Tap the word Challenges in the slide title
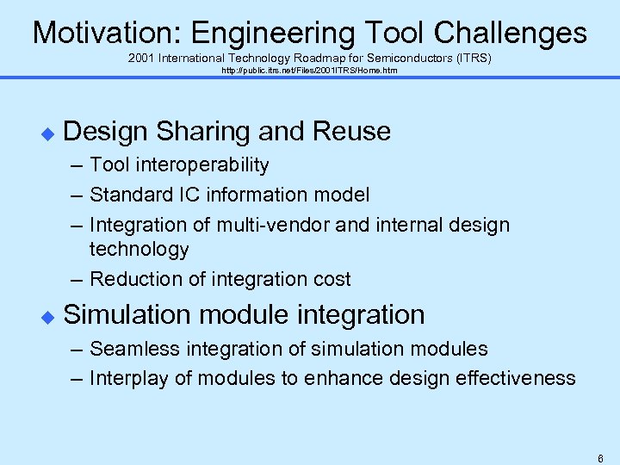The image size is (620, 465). point(511,33)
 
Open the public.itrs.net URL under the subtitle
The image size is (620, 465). point(310,70)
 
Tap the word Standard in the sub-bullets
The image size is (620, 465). point(126,195)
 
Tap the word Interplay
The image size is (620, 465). point(126,378)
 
